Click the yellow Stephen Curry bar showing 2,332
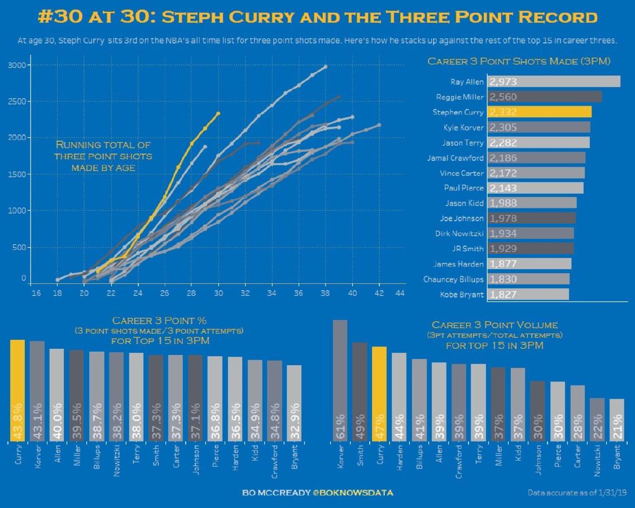[x=539, y=112]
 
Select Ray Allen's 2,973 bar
[x=553, y=81]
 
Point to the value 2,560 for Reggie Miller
[x=503, y=97]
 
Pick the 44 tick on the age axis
[x=400, y=293]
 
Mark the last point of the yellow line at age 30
[x=218, y=113]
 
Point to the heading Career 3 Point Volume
[x=494, y=325]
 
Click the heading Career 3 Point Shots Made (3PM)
[x=519, y=61]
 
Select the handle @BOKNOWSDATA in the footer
[x=353, y=493]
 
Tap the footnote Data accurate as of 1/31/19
[x=576, y=493]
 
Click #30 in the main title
[x=59, y=16]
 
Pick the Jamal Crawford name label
[x=456, y=158]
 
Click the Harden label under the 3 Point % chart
[x=235, y=459]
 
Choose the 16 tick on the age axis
[x=36, y=293]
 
